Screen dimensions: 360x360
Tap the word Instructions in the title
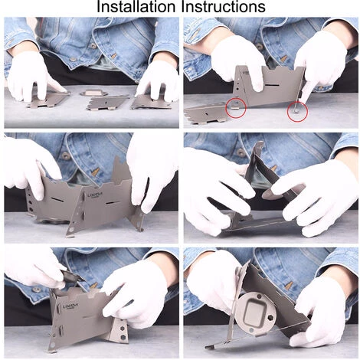pyautogui.click(x=223, y=6)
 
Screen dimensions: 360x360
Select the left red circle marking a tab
pyautogui.click(x=236, y=108)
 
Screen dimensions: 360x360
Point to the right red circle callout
pyautogui.click(x=297, y=111)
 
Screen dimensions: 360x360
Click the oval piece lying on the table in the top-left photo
pyautogui.click(x=93, y=93)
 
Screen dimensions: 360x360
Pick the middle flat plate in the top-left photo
pyautogui.click(x=108, y=103)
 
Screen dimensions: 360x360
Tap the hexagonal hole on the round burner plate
pyautogui.click(x=270, y=318)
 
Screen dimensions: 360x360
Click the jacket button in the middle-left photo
pyautogui.click(x=66, y=155)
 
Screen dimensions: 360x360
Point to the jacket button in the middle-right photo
pyautogui.click(x=241, y=152)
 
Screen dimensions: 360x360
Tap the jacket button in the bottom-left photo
pyautogui.click(x=37, y=290)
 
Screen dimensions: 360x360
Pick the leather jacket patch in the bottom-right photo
pyautogui.click(x=289, y=286)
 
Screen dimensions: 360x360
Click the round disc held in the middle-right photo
pyautogui.click(x=269, y=192)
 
